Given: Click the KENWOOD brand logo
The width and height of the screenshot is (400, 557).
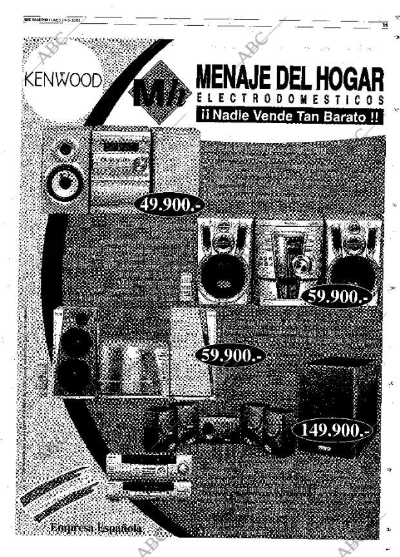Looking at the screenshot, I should pos(63,82).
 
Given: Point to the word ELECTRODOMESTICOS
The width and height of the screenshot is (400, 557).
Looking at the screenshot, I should pos(290,101).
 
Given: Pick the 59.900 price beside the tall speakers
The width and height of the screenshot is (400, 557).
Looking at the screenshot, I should pos(229,355).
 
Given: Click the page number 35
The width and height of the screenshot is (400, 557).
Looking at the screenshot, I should pos(384,26).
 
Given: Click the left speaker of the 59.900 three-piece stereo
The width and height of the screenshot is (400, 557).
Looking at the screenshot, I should pos(225,261).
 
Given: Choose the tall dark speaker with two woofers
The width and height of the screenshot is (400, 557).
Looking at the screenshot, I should pos(75,351).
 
